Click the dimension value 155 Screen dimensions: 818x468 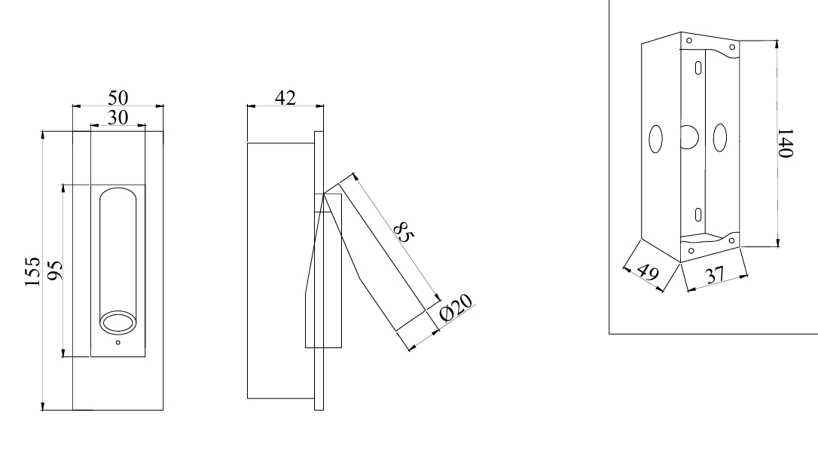tap(33, 271)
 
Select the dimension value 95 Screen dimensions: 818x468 tap(55, 271)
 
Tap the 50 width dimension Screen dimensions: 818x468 tap(118, 97)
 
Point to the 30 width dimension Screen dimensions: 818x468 tap(118, 118)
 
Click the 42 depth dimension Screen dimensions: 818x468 tap(285, 97)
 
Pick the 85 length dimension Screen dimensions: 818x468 tap(403, 232)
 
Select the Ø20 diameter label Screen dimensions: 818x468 tap(456, 307)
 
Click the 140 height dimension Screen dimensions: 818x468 tap(785, 142)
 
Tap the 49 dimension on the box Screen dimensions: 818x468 tap(648, 272)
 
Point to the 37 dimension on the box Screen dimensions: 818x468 tap(714, 275)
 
